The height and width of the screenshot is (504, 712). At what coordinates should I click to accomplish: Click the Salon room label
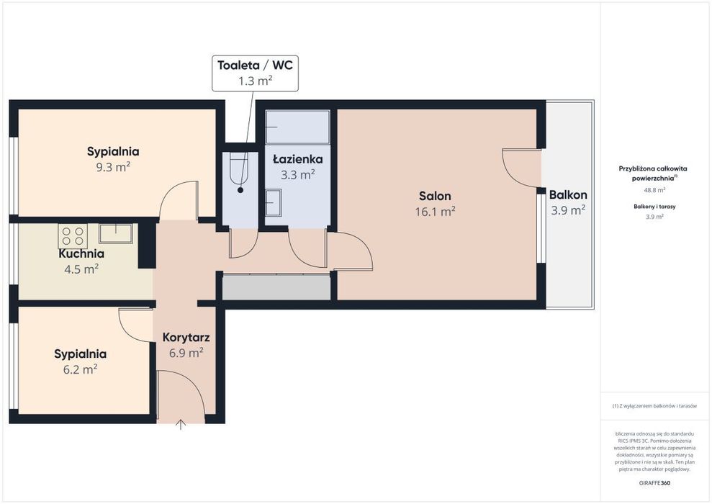click(x=435, y=196)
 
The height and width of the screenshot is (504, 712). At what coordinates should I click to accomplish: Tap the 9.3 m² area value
click(x=113, y=167)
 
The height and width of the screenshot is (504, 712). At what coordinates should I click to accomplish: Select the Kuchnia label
click(x=81, y=253)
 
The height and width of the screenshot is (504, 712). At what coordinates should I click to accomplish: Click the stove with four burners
click(x=73, y=235)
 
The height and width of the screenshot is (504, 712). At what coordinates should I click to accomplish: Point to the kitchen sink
click(x=116, y=233)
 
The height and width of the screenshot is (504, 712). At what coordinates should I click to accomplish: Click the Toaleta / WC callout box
click(x=255, y=73)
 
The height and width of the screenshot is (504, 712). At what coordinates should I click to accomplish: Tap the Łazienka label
click(x=298, y=159)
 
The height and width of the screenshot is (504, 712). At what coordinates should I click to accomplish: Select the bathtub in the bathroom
click(x=298, y=127)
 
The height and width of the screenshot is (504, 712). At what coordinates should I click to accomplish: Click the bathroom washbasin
click(x=274, y=202)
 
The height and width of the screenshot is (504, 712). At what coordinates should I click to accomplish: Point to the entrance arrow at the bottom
click(x=181, y=425)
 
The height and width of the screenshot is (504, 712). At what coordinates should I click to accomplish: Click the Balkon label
click(x=568, y=195)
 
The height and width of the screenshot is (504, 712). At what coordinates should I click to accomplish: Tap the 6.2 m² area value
click(x=81, y=369)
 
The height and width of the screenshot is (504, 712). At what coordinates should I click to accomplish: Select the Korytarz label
click(x=186, y=338)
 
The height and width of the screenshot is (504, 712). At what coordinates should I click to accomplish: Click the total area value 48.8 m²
click(x=654, y=190)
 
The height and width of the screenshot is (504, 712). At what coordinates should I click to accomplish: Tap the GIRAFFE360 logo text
click(x=654, y=482)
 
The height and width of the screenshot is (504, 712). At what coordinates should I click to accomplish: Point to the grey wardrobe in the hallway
click(x=276, y=287)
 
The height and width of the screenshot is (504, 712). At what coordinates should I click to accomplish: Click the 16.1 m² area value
click(x=435, y=212)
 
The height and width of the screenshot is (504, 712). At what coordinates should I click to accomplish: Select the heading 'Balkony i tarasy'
click(x=654, y=207)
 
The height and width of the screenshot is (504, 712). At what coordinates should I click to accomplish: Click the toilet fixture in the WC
click(x=239, y=169)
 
